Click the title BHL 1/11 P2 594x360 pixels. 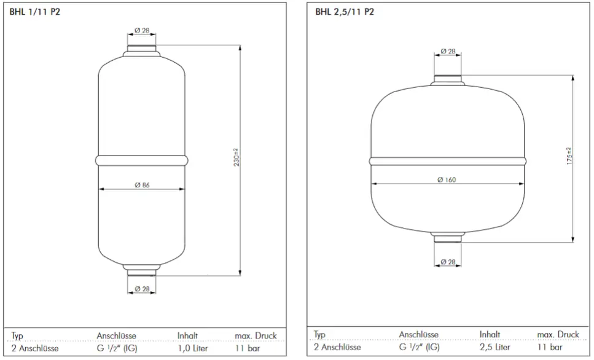pyautogui.click(x=35, y=12)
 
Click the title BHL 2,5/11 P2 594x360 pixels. pyautogui.click(x=345, y=12)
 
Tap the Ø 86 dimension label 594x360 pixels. pyautogui.click(x=142, y=185)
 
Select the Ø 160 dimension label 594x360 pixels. pyautogui.click(x=447, y=179)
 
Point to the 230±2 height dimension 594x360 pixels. pyautogui.click(x=236, y=158)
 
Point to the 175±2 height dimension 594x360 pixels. pyautogui.click(x=569, y=156)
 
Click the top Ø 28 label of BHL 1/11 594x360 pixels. pyautogui.click(x=142, y=30)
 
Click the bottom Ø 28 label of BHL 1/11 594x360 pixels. pyautogui.click(x=142, y=289)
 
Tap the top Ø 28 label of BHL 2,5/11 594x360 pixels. pyautogui.click(x=448, y=51)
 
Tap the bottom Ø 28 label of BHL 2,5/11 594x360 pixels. pyautogui.click(x=448, y=262)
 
